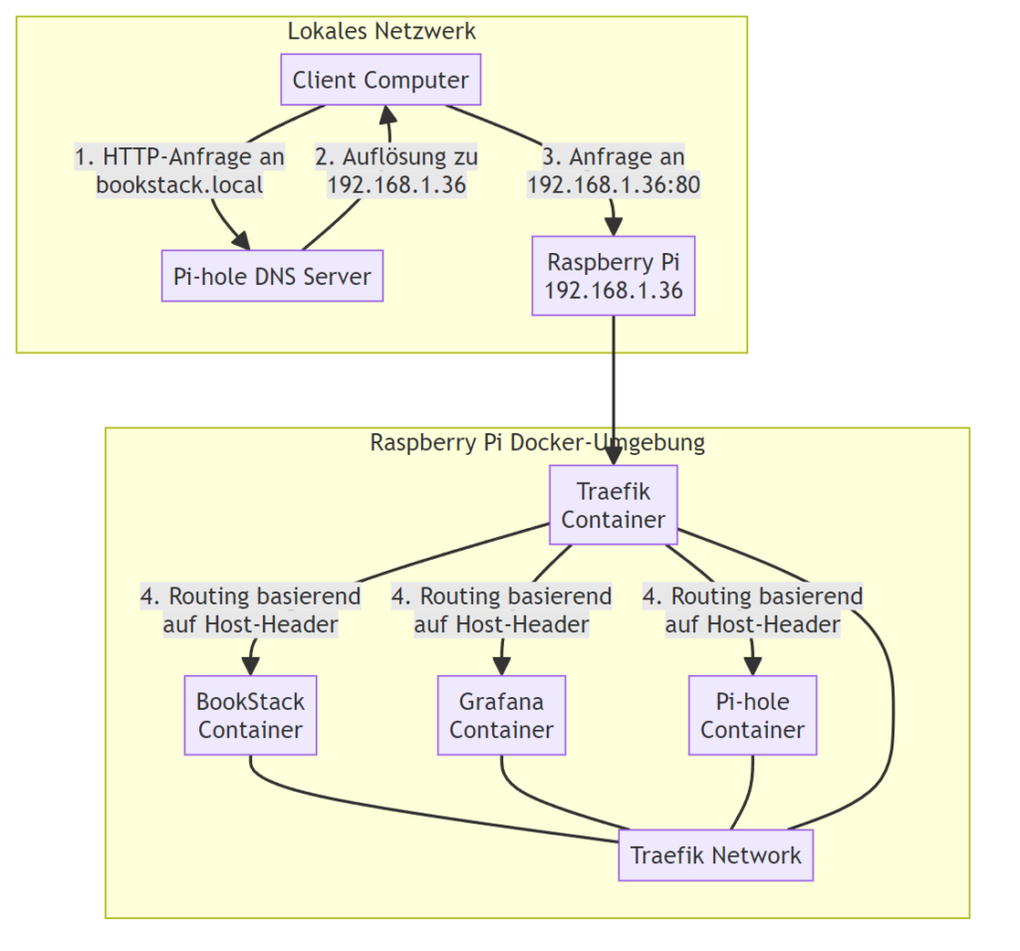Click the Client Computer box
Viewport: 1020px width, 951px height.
point(381,81)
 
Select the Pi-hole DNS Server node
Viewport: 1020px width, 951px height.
point(272,276)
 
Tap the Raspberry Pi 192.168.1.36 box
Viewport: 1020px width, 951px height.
point(613,276)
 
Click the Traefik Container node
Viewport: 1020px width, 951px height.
point(613,505)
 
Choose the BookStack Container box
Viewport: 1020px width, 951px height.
point(250,715)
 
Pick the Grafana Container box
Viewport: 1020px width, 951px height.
point(501,715)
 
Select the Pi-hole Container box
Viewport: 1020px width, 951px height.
point(752,715)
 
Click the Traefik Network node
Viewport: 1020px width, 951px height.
point(715,855)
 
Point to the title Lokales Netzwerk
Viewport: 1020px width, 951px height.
point(382,31)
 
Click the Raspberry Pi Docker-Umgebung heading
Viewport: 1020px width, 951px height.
point(537,443)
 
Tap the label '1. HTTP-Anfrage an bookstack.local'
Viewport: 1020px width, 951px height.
point(179,170)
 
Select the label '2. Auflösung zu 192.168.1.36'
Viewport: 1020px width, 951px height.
point(396,170)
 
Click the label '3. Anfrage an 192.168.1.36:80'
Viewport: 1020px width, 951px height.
point(613,170)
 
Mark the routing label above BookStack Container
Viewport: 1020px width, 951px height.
point(250,610)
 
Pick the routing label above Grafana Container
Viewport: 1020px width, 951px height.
point(501,610)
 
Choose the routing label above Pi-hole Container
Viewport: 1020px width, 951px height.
point(752,610)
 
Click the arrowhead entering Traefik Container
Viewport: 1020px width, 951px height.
point(613,456)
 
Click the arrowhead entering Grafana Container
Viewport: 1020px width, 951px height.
point(501,666)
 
